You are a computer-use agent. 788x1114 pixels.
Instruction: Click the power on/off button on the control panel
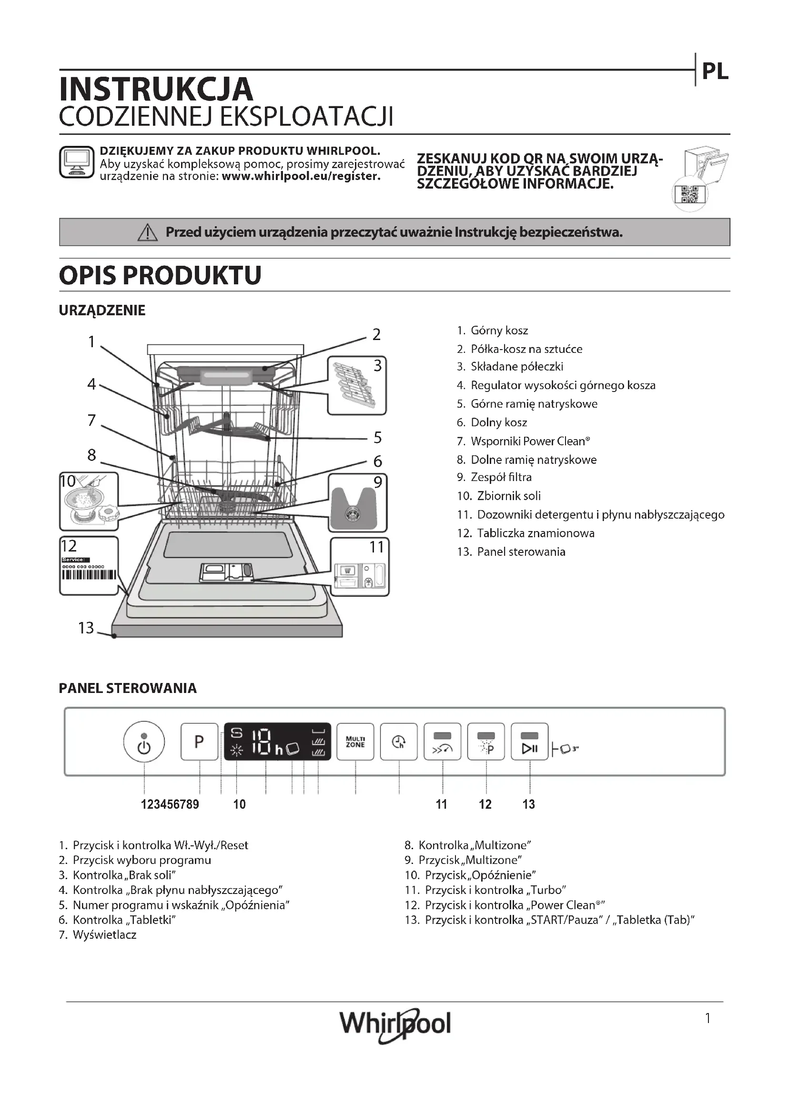tap(144, 742)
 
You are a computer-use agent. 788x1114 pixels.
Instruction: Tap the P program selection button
tap(200, 742)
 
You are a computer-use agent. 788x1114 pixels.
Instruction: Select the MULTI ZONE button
tap(355, 742)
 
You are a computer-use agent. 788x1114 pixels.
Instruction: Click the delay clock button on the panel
tap(398, 742)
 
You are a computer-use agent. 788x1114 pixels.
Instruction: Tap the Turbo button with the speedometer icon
tap(442, 743)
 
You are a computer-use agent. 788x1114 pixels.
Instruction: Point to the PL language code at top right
tap(715, 72)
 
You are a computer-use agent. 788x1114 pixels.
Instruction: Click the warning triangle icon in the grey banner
tap(148, 233)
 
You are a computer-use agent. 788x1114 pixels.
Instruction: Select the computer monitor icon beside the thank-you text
tap(76, 162)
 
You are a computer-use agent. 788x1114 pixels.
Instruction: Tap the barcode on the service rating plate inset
tap(89, 575)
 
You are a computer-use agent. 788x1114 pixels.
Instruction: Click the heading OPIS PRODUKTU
tap(160, 275)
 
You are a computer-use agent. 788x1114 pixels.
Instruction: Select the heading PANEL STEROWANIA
tap(128, 688)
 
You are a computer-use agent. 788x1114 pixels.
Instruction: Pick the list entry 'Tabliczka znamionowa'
tap(535, 533)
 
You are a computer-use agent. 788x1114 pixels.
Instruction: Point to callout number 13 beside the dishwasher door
tap(86, 628)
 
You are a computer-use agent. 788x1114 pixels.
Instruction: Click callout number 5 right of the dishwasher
tap(377, 438)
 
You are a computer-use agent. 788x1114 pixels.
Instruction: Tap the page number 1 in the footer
tap(708, 1018)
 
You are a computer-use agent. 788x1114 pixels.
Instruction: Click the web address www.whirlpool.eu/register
tap(301, 176)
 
